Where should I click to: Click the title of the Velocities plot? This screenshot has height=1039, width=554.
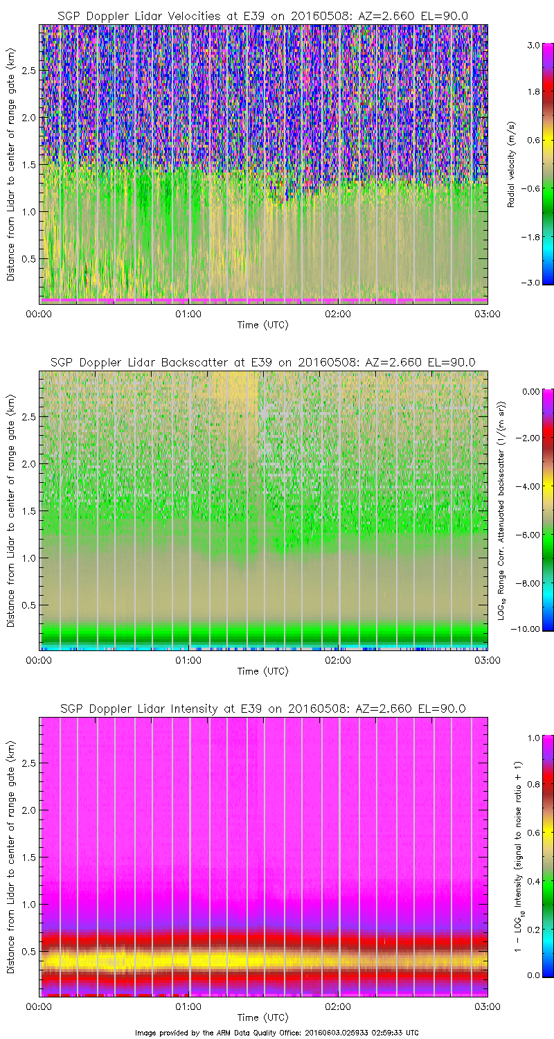tap(262, 16)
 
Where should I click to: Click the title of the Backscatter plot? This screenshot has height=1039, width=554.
tap(262, 362)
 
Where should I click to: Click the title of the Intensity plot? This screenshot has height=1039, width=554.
tap(262, 709)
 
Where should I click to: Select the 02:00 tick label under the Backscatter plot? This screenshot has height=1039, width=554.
tap(338, 660)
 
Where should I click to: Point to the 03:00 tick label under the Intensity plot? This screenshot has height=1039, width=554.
tap(487, 1006)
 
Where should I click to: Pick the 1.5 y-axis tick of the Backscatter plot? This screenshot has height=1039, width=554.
tap(28, 510)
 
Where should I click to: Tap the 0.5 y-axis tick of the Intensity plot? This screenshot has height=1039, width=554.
tap(28, 951)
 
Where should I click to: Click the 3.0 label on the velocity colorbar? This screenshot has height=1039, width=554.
tap(533, 44)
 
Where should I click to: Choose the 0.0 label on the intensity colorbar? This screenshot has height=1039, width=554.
tap(533, 975)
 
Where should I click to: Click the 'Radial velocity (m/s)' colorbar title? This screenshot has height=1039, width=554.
tap(512, 163)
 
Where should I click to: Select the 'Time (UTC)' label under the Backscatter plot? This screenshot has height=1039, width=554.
tap(262, 671)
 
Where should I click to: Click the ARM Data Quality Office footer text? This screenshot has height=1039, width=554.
tap(277, 1033)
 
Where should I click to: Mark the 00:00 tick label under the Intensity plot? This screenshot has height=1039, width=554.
tap(39, 1006)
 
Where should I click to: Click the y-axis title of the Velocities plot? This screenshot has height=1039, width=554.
tap(10, 163)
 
